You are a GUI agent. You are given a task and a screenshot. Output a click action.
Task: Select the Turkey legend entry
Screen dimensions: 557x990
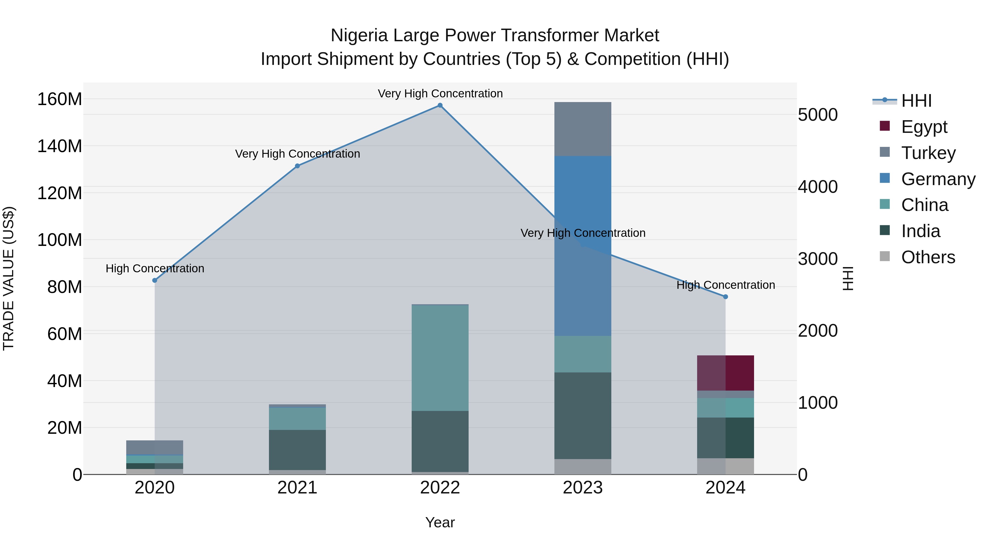(x=928, y=153)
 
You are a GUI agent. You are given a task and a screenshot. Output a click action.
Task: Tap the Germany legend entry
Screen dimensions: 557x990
(x=937, y=179)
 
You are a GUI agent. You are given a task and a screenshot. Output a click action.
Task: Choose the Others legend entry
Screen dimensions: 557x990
(x=928, y=257)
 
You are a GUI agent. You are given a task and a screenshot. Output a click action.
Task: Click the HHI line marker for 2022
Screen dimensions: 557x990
(x=440, y=105)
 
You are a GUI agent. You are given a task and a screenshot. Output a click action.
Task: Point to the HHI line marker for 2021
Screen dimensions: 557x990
(x=297, y=166)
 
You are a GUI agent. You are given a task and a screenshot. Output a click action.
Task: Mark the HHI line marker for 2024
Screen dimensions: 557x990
(x=725, y=297)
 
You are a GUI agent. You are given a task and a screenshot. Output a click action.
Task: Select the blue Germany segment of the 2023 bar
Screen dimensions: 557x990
(x=583, y=246)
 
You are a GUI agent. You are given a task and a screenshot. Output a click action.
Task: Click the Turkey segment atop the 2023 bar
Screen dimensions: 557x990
(x=583, y=129)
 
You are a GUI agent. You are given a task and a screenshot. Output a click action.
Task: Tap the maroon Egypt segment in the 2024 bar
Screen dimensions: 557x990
(x=725, y=373)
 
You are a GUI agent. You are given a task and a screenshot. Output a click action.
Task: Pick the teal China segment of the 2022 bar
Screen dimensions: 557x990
(x=440, y=358)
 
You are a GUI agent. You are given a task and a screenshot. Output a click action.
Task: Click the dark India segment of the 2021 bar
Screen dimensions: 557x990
(x=297, y=450)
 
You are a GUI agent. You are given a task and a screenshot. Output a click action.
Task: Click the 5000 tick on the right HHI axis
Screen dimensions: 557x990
(x=818, y=115)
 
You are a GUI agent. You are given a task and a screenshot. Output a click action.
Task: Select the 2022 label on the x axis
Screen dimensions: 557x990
(x=440, y=488)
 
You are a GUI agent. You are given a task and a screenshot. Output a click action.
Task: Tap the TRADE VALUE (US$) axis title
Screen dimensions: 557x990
(x=9, y=278)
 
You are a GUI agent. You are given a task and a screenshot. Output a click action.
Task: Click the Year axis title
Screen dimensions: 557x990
(x=440, y=522)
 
